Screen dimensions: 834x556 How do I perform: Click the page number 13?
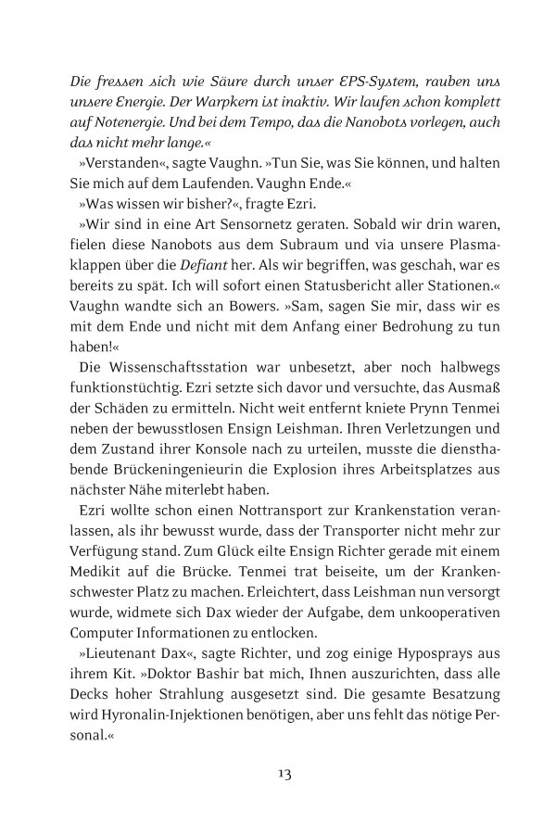tap(278, 775)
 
